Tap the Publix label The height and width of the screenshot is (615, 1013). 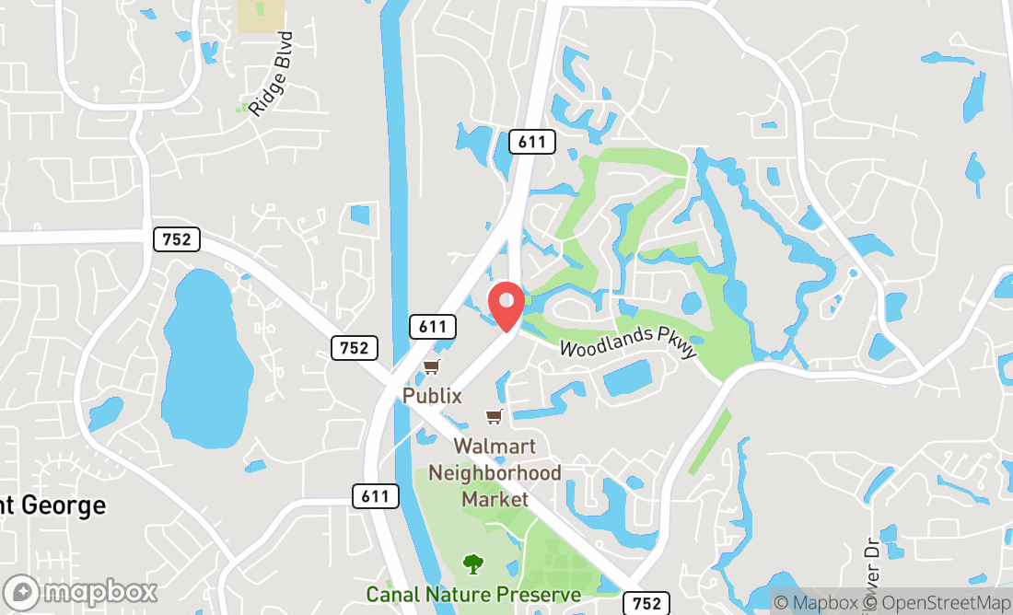(x=431, y=394)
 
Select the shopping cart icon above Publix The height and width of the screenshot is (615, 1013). (x=431, y=368)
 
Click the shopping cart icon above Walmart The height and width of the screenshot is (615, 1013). (x=495, y=417)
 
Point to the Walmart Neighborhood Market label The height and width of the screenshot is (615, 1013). (x=507, y=472)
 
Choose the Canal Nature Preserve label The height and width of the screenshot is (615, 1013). (x=473, y=595)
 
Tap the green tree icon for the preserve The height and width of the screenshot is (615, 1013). (x=473, y=563)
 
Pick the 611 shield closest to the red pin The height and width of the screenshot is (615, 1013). (x=432, y=326)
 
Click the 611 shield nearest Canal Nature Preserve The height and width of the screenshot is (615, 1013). (x=375, y=496)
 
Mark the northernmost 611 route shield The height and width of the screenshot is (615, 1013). (x=532, y=142)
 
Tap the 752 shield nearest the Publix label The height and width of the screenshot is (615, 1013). (x=354, y=347)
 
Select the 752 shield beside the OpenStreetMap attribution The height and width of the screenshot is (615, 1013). (x=646, y=603)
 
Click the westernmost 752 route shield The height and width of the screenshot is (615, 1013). (x=176, y=239)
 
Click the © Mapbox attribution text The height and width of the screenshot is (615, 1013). (x=814, y=603)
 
